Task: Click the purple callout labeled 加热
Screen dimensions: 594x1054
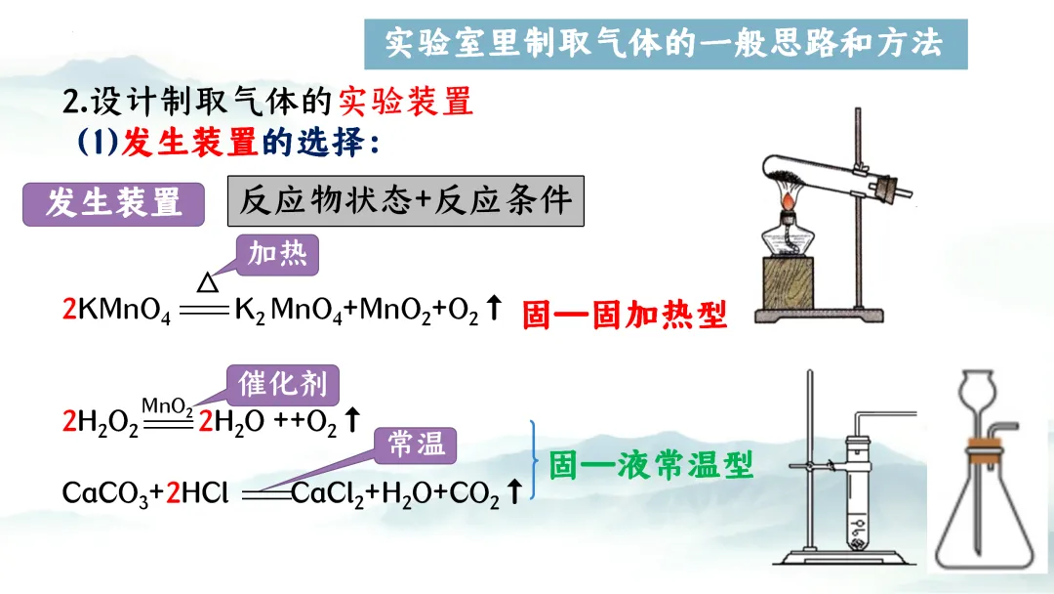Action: [277, 255]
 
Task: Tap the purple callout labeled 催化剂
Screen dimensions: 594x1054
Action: [282, 384]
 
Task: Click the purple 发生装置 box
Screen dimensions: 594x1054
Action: [113, 204]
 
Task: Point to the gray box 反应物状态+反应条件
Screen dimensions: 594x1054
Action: [405, 201]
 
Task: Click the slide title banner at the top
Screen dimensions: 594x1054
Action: [664, 44]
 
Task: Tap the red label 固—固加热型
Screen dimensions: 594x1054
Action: [625, 314]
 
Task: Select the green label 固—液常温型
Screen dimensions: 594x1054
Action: [651, 465]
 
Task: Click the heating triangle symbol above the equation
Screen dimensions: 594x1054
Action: [208, 282]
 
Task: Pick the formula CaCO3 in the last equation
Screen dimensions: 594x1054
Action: [104, 494]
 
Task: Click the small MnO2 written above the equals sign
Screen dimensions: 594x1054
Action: [167, 404]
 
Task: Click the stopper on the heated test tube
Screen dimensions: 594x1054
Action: [886, 185]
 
